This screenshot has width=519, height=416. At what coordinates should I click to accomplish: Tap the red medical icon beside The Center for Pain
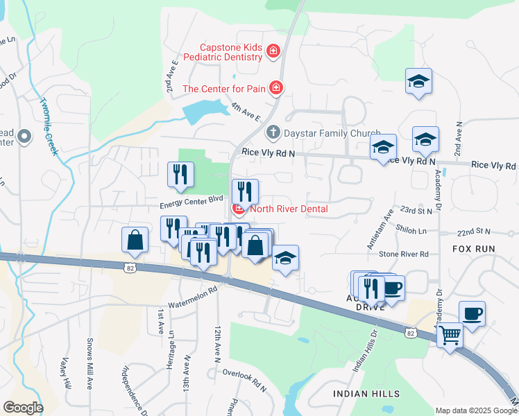click(x=276, y=87)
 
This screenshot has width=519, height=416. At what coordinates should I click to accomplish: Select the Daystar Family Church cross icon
click(x=274, y=132)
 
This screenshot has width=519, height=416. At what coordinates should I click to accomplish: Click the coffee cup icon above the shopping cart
click(x=472, y=313)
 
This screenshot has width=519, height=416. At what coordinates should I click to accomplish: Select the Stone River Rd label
click(x=405, y=254)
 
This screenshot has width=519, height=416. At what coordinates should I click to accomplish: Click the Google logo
click(x=23, y=408)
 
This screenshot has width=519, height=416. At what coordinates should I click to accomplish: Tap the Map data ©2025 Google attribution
click(x=476, y=410)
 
